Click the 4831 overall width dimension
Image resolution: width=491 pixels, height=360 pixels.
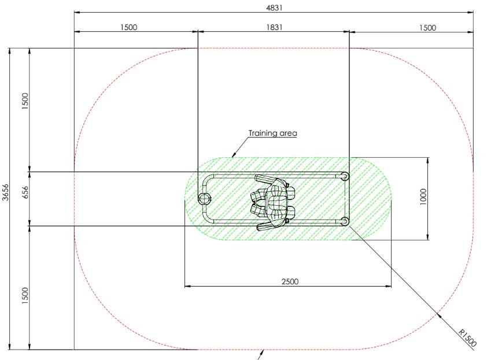click(274, 8)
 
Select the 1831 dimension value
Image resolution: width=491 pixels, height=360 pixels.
click(274, 27)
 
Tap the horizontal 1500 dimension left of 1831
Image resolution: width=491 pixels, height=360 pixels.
click(129, 27)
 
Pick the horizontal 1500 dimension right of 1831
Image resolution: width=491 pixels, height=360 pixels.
click(427, 28)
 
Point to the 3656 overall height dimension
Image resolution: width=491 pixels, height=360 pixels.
click(6, 192)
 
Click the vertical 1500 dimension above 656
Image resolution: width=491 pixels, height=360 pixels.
click(25, 101)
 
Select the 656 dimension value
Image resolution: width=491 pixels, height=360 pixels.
click(25, 192)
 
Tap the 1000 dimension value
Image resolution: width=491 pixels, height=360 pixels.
click(423, 196)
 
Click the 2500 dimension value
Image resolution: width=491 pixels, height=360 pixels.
click(290, 281)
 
